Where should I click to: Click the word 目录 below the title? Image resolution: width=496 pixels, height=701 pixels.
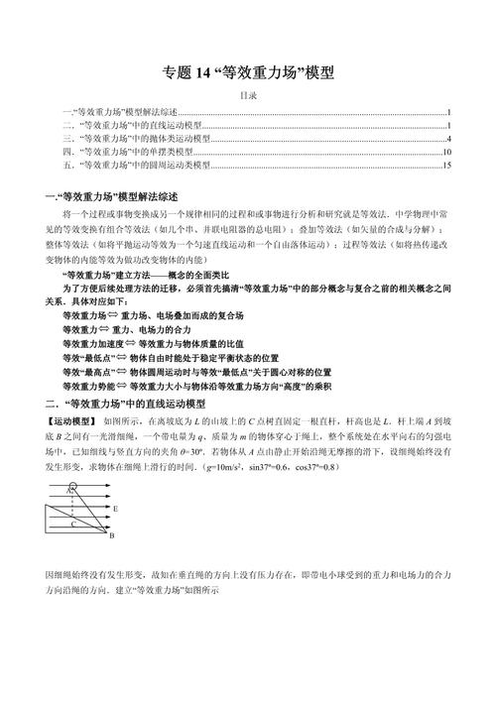(248, 96)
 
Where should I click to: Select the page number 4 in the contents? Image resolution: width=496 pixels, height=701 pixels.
(449, 140)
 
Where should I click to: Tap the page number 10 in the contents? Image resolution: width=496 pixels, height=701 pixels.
(447, 153)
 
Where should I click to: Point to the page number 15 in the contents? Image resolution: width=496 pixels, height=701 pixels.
(447, 166)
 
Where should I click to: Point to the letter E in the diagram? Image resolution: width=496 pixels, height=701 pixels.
(117, 507)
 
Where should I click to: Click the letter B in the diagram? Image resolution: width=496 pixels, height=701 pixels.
(111, 535)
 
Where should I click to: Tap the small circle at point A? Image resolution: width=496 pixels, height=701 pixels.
(70, 488)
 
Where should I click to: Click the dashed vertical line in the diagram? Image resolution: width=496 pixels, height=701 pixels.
(70, 511)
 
